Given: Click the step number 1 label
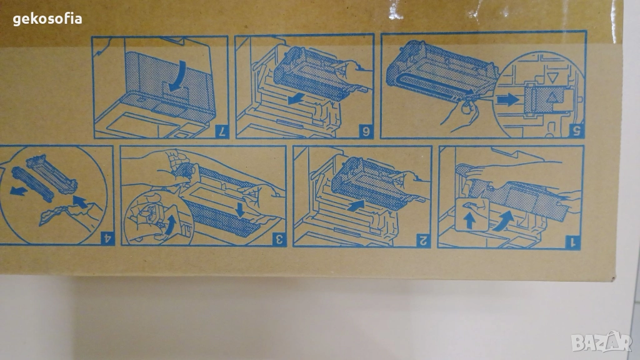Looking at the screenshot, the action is [572, 242].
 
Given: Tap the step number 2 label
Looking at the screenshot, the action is [423, 241].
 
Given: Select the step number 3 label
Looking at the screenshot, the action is [279, 239].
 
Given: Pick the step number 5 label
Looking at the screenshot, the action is [577, 131].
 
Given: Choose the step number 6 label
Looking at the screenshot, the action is [365, 132].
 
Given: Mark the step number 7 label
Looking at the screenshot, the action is [222, 131].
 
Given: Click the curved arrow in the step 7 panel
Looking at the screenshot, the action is [178, 76].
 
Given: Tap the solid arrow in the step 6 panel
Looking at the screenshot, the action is [296, 98].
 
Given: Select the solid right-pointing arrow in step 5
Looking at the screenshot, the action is [507, 99].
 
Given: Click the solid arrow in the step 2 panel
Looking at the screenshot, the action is [356, 205].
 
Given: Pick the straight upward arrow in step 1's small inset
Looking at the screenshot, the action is [469, 221].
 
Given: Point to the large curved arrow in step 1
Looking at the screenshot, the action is [503, 221].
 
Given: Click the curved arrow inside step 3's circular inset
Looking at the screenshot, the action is [171, 225].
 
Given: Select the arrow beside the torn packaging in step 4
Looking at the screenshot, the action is [80, 201].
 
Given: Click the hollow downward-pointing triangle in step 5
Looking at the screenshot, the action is [552, 77].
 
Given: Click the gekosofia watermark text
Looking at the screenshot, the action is [47, 19].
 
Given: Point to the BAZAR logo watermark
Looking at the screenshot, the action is [602, 342].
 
